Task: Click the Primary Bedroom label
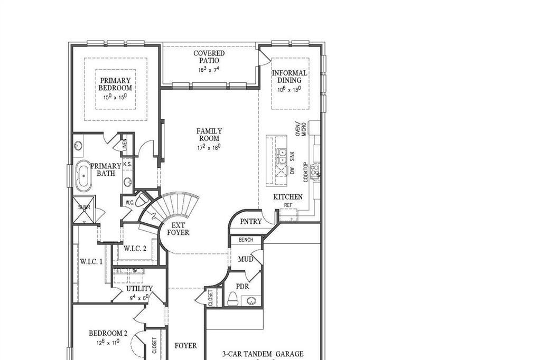[115, 84]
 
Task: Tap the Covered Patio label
[209, 57]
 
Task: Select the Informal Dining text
[290, 77]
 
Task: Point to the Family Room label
[209, 135]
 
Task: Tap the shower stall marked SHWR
[83, 208]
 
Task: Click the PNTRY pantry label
[250, 222]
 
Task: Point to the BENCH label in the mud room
[246, 240]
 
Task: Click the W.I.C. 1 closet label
[91, 261]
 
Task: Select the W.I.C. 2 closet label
[135, 249]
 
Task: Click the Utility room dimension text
[139, 298]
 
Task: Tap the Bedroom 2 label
[108, 333]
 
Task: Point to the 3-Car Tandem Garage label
[262, 354]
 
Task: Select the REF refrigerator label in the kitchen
[288, 205]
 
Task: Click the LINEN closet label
[125, 145]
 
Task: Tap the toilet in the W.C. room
[142, 201]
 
